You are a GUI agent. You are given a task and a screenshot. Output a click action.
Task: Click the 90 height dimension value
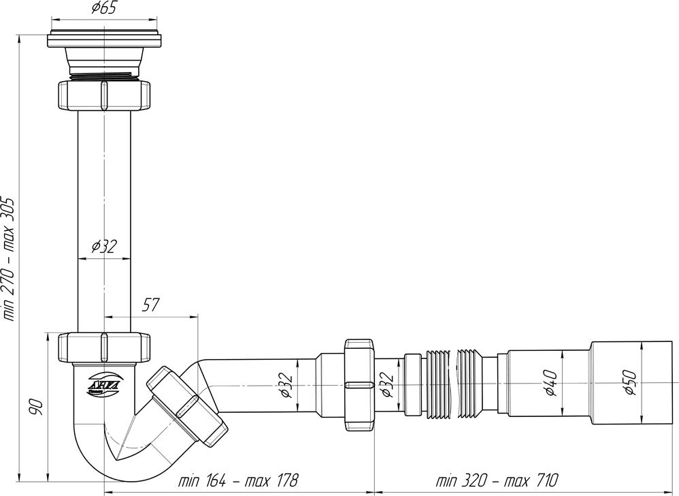pos(38,407)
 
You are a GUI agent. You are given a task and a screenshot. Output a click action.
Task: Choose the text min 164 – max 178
pos(238,480)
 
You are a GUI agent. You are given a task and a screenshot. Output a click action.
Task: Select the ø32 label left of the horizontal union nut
pos(286,386)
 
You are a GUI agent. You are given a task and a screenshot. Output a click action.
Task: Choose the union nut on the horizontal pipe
pos(359,385)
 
